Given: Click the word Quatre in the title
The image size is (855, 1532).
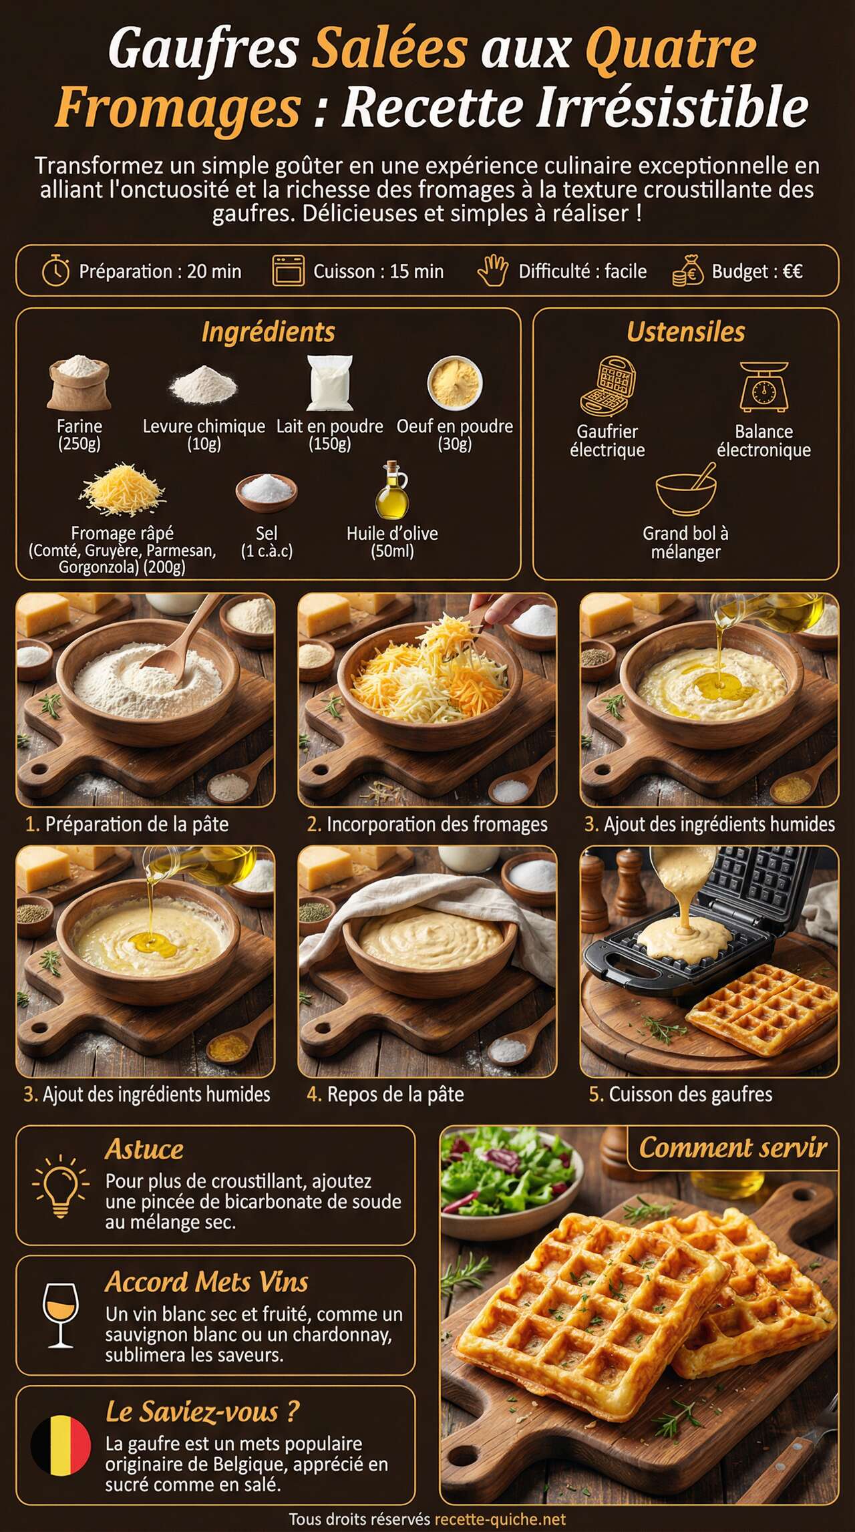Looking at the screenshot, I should tap(671, 48).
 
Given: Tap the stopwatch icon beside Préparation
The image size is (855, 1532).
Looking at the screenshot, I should tap(56, 271).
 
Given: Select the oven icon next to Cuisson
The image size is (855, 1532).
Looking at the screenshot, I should tap(288, 271).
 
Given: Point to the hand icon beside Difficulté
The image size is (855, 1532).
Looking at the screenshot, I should tap(493, 271).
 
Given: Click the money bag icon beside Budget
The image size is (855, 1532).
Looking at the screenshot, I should tap(687, 271).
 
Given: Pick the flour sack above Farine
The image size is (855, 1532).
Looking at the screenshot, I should tap(79, 382).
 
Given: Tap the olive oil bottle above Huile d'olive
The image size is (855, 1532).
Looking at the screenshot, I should tap(391, 490).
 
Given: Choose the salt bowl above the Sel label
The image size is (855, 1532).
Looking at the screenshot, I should tap(266, 492).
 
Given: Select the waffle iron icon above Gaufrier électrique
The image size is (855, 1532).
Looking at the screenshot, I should tap(607, 386).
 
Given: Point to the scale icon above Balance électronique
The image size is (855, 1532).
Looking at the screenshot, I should tap(764, 387).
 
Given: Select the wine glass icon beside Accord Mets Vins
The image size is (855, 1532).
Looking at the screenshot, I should tap(60, 1314).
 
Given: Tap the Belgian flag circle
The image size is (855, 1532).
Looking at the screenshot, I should tap(61, 1445).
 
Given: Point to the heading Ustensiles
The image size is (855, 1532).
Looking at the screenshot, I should tap(685, 332).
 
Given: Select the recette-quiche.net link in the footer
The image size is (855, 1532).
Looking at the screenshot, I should tap(500, 1519).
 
